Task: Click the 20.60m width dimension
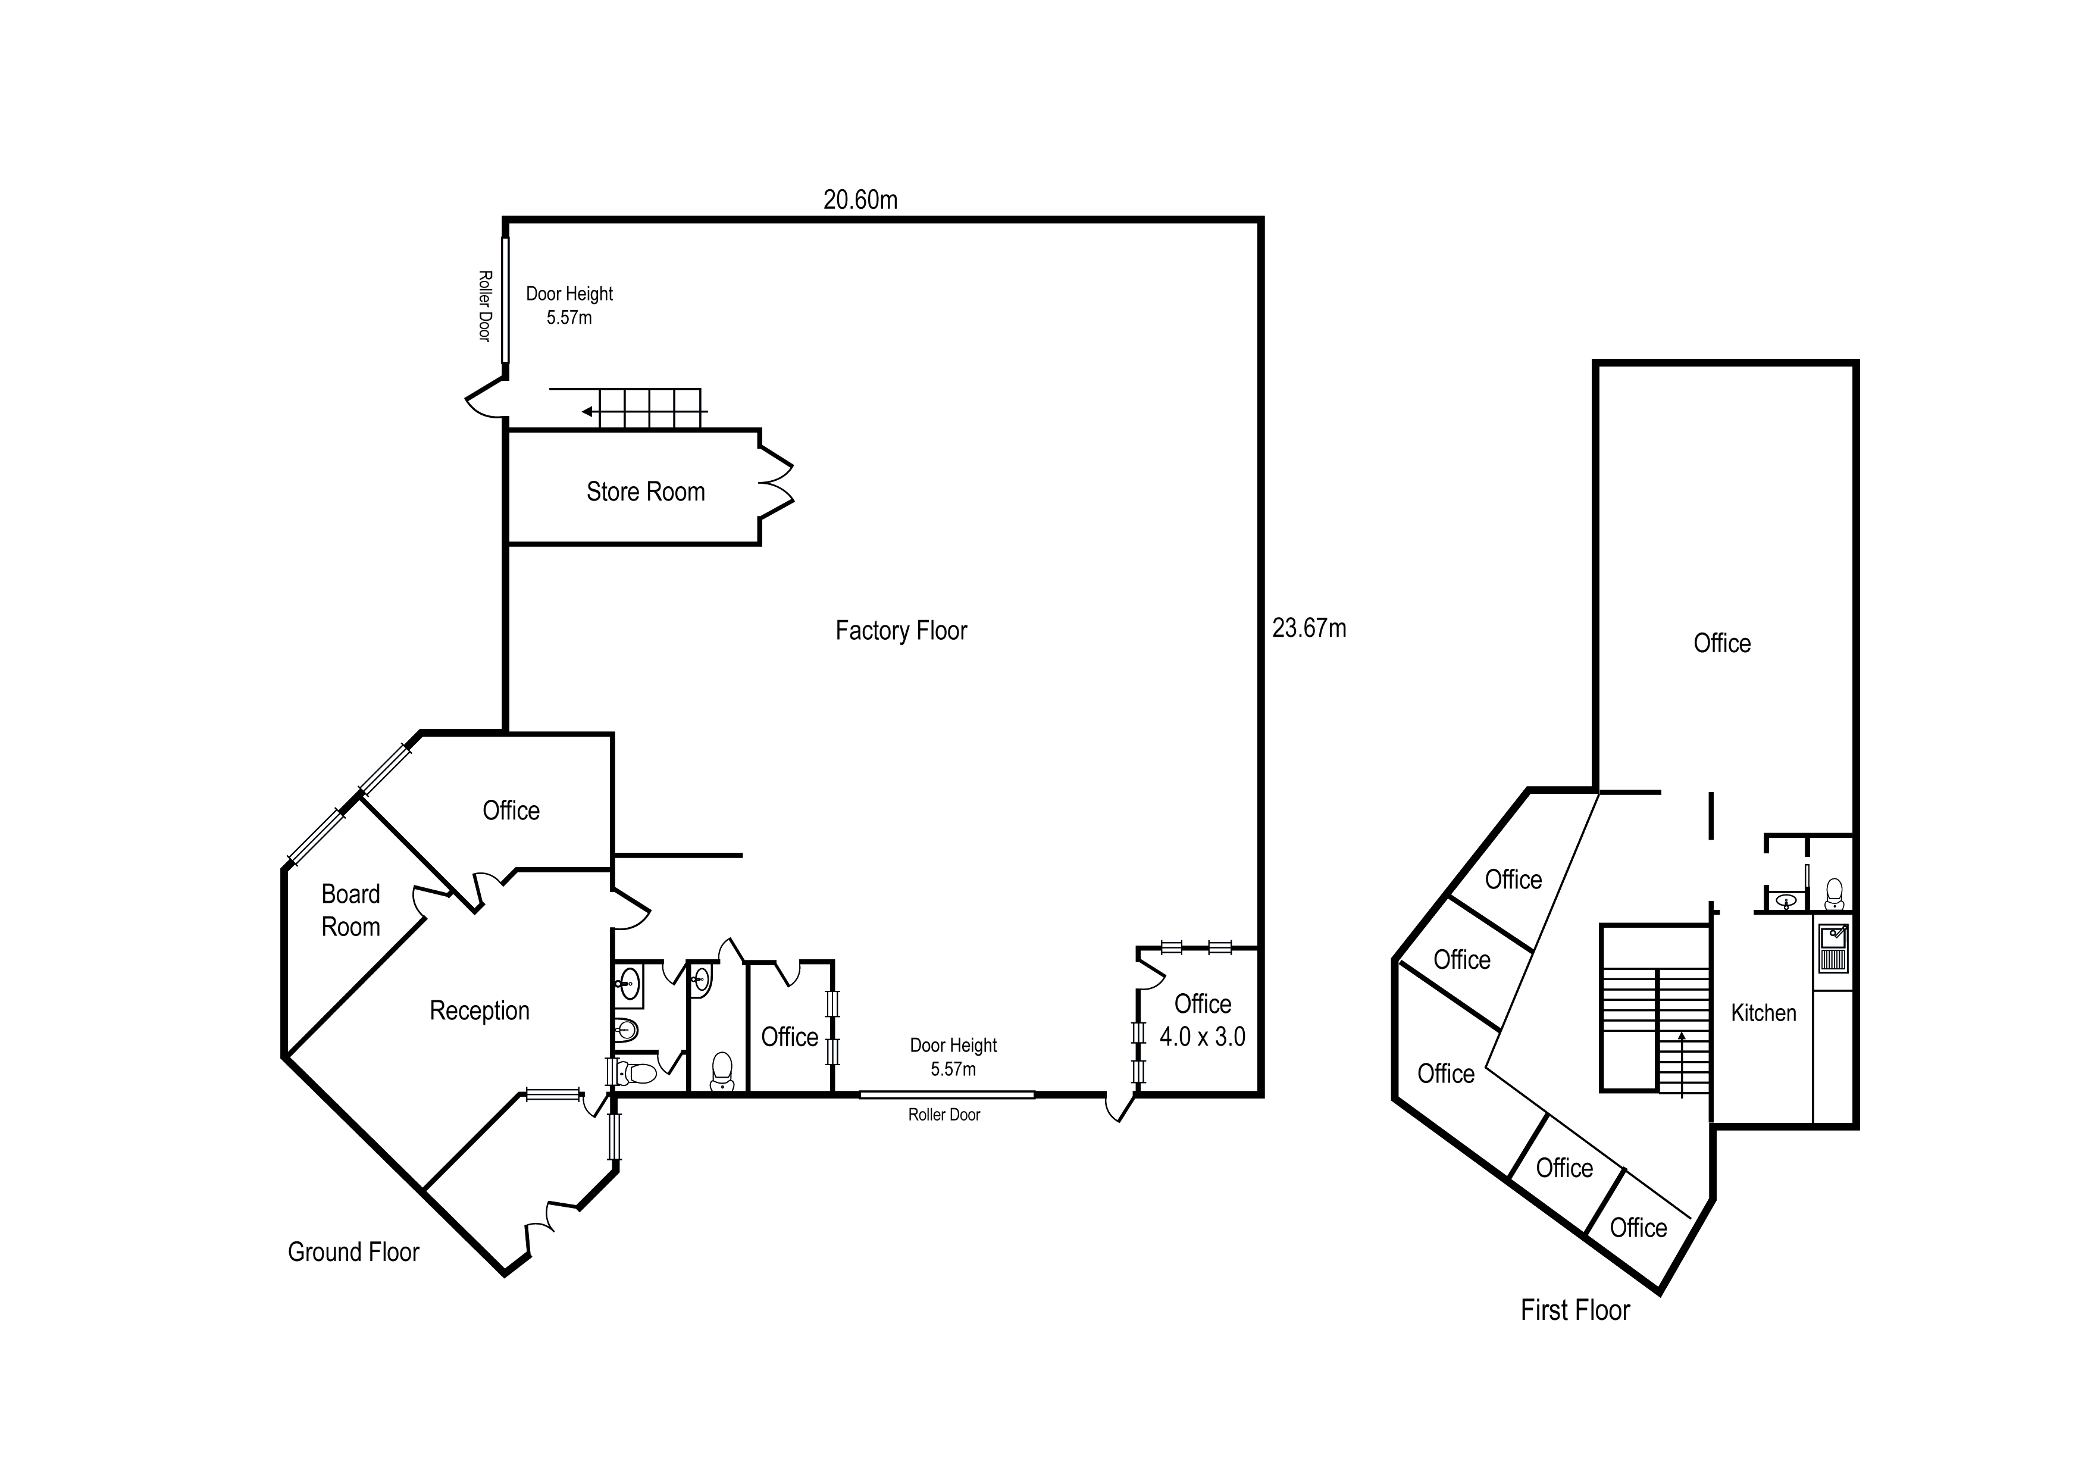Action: coord(860,200)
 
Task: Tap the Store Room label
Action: coord(646,492)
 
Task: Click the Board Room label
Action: coord(351,910)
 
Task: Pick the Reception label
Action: coord(479,1010)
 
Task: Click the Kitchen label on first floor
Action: coord(1763,1013)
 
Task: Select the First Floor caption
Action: coord(1575,1310)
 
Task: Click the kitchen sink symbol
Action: coord(1833,948)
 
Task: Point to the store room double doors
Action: coord(777,484)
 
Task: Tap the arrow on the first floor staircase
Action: coord(1682,1037)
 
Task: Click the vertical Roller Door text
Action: coord(485,306)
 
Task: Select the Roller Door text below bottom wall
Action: coord(944,1115)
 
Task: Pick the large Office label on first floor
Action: coord(1721,644)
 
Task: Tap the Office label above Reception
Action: coord(511,811)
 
